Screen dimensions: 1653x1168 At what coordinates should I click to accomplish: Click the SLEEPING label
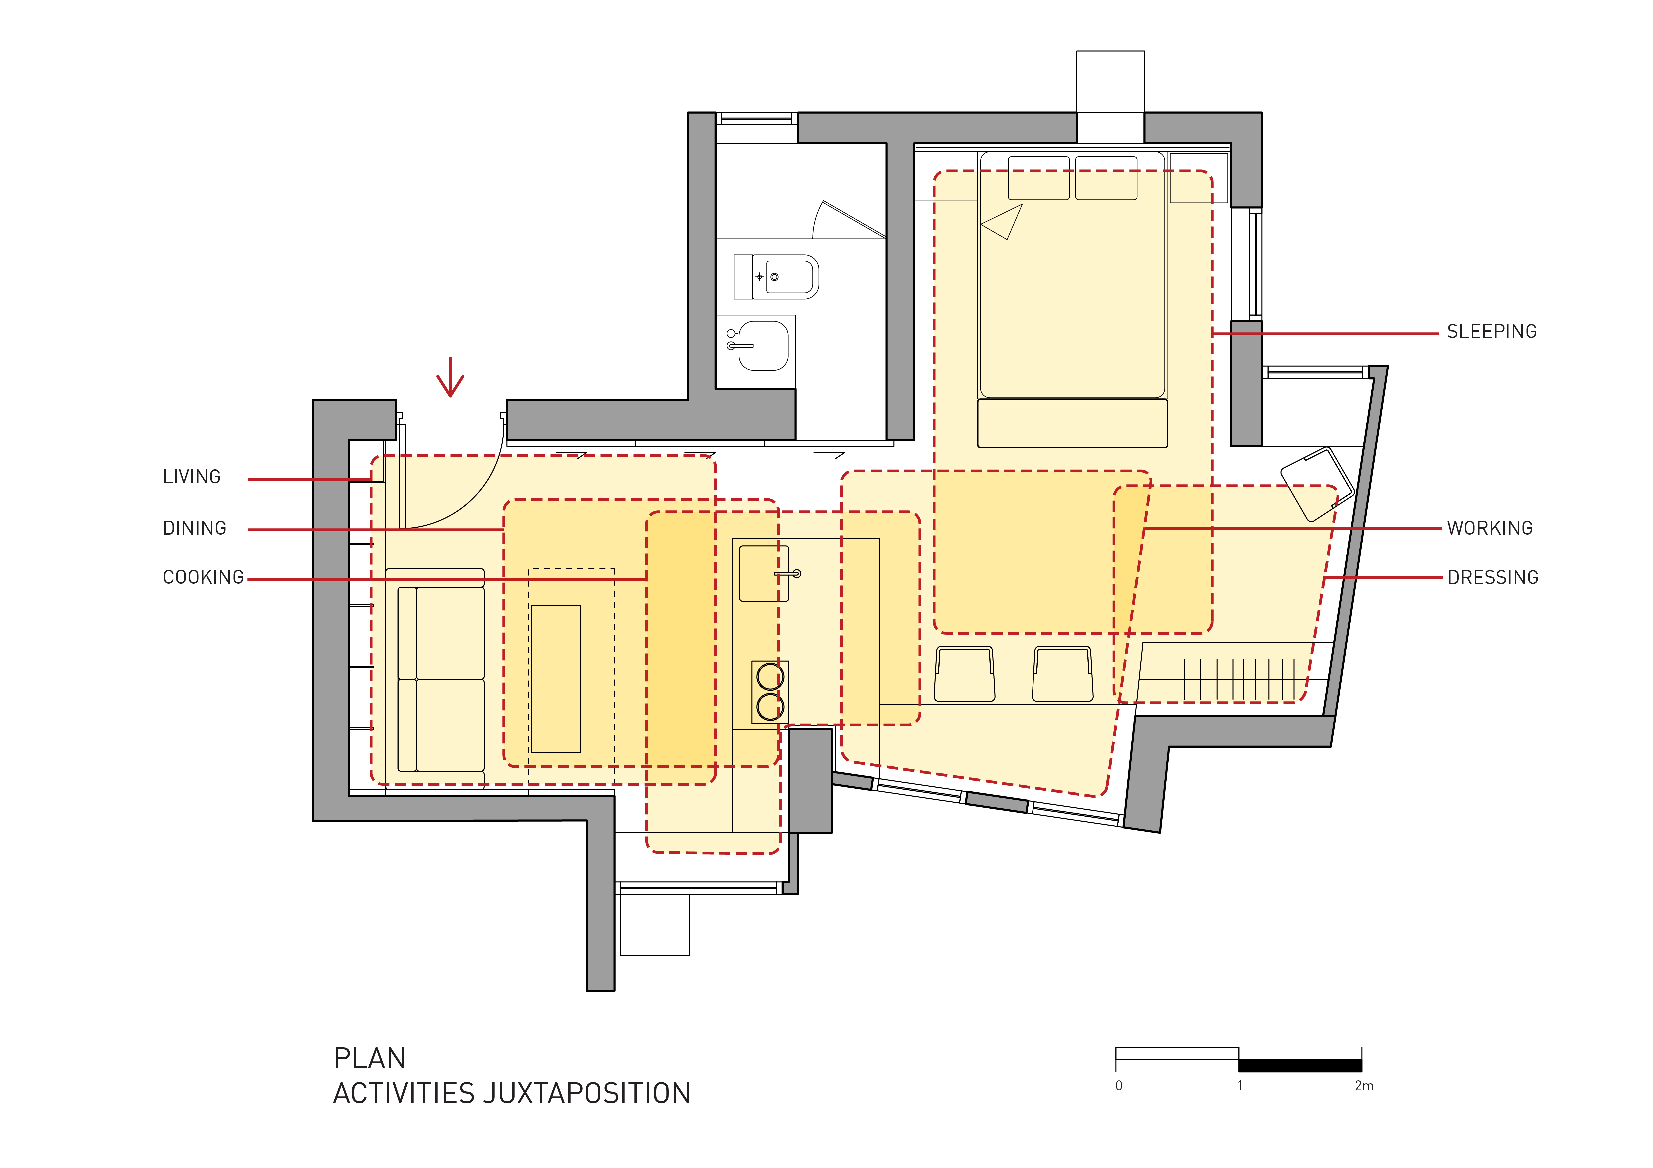1492,332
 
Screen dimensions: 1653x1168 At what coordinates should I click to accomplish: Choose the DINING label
195,528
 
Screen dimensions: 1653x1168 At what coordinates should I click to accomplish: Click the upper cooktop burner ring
770,677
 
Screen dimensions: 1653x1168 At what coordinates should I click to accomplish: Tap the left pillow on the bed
1039,178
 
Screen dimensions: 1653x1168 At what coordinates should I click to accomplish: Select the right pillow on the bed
1106,178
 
